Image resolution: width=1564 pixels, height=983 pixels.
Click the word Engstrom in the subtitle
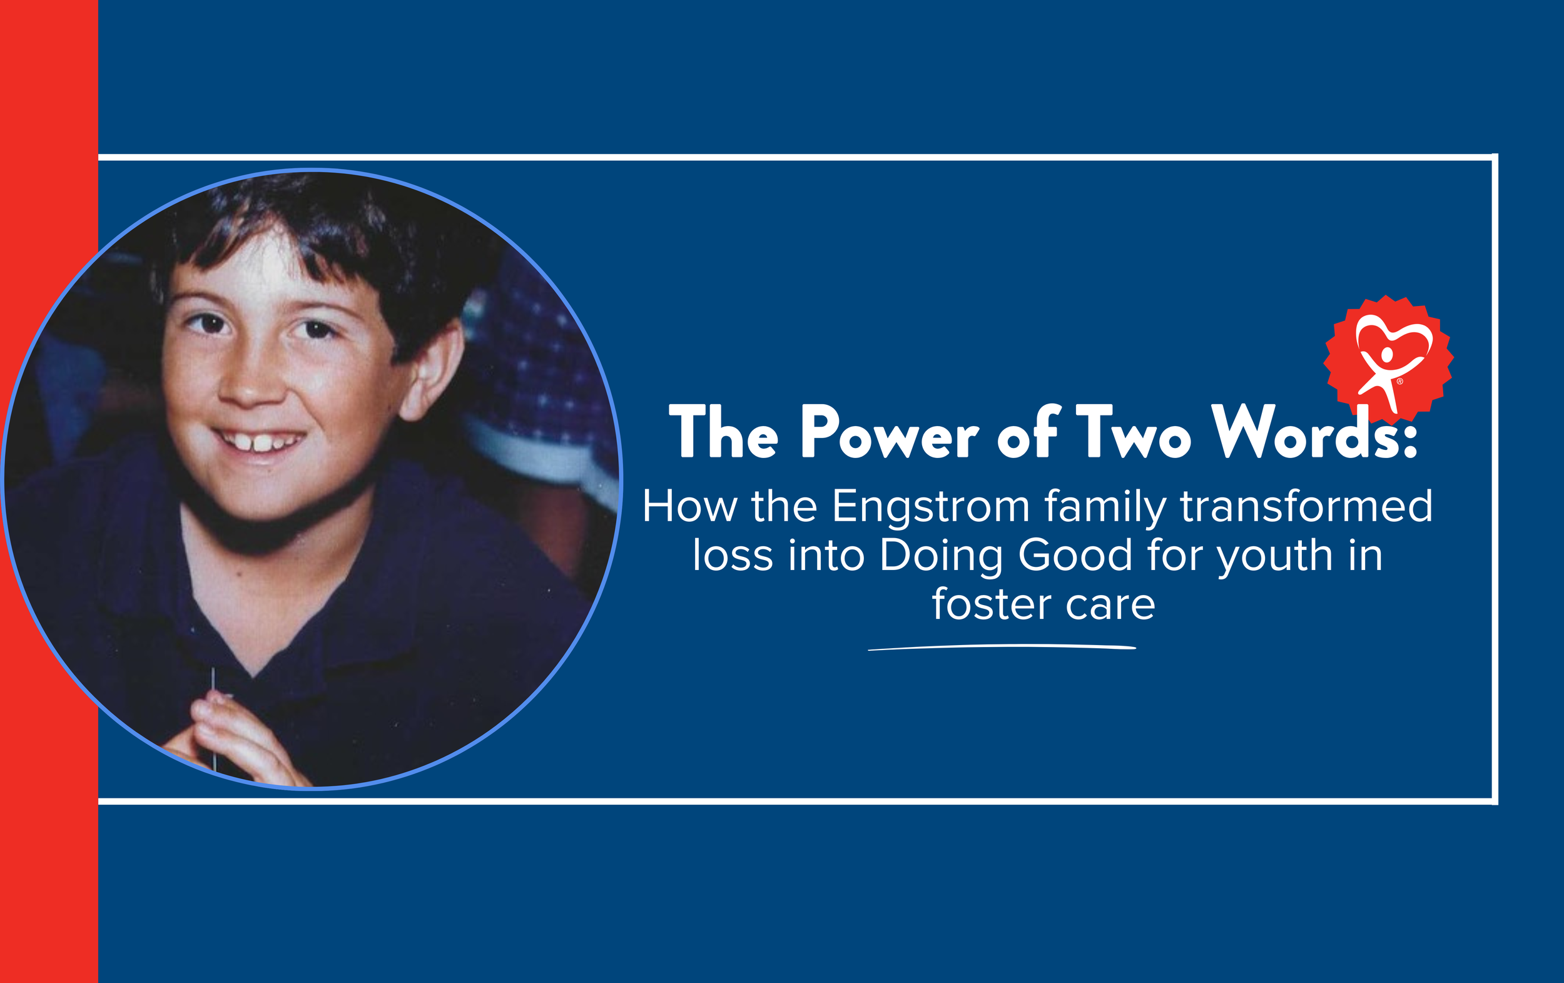[x=930, y=507]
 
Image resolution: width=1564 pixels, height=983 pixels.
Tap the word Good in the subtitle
[x=1075, y=556]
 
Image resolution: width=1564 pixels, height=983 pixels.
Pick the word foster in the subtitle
[x=991, y=604]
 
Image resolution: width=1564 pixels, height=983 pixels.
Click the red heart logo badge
[x=1389, y=359]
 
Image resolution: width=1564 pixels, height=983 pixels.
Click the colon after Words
[x=1409, y=442]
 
